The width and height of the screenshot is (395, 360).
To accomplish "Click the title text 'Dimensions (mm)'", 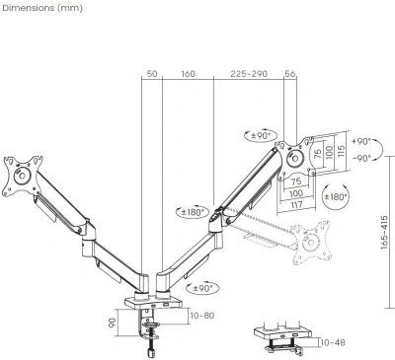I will coord(41,9).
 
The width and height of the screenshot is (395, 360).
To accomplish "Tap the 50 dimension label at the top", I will coord(152,73).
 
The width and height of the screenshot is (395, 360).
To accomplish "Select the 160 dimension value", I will coord(188,73).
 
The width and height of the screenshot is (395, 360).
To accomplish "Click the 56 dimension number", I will coord(289,73).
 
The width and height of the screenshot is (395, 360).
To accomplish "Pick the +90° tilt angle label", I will coord(362,142).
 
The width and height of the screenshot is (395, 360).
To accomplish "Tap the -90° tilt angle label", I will coord(362,157).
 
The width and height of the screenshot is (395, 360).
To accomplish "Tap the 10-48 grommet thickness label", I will coord(333,342).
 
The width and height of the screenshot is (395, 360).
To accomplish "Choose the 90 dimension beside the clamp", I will coord(114,323).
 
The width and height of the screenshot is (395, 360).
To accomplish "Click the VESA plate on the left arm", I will coord(20,172).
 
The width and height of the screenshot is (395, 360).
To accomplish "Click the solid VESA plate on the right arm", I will coord(293,157).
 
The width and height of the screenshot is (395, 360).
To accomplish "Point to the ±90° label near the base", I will coord(201,288).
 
